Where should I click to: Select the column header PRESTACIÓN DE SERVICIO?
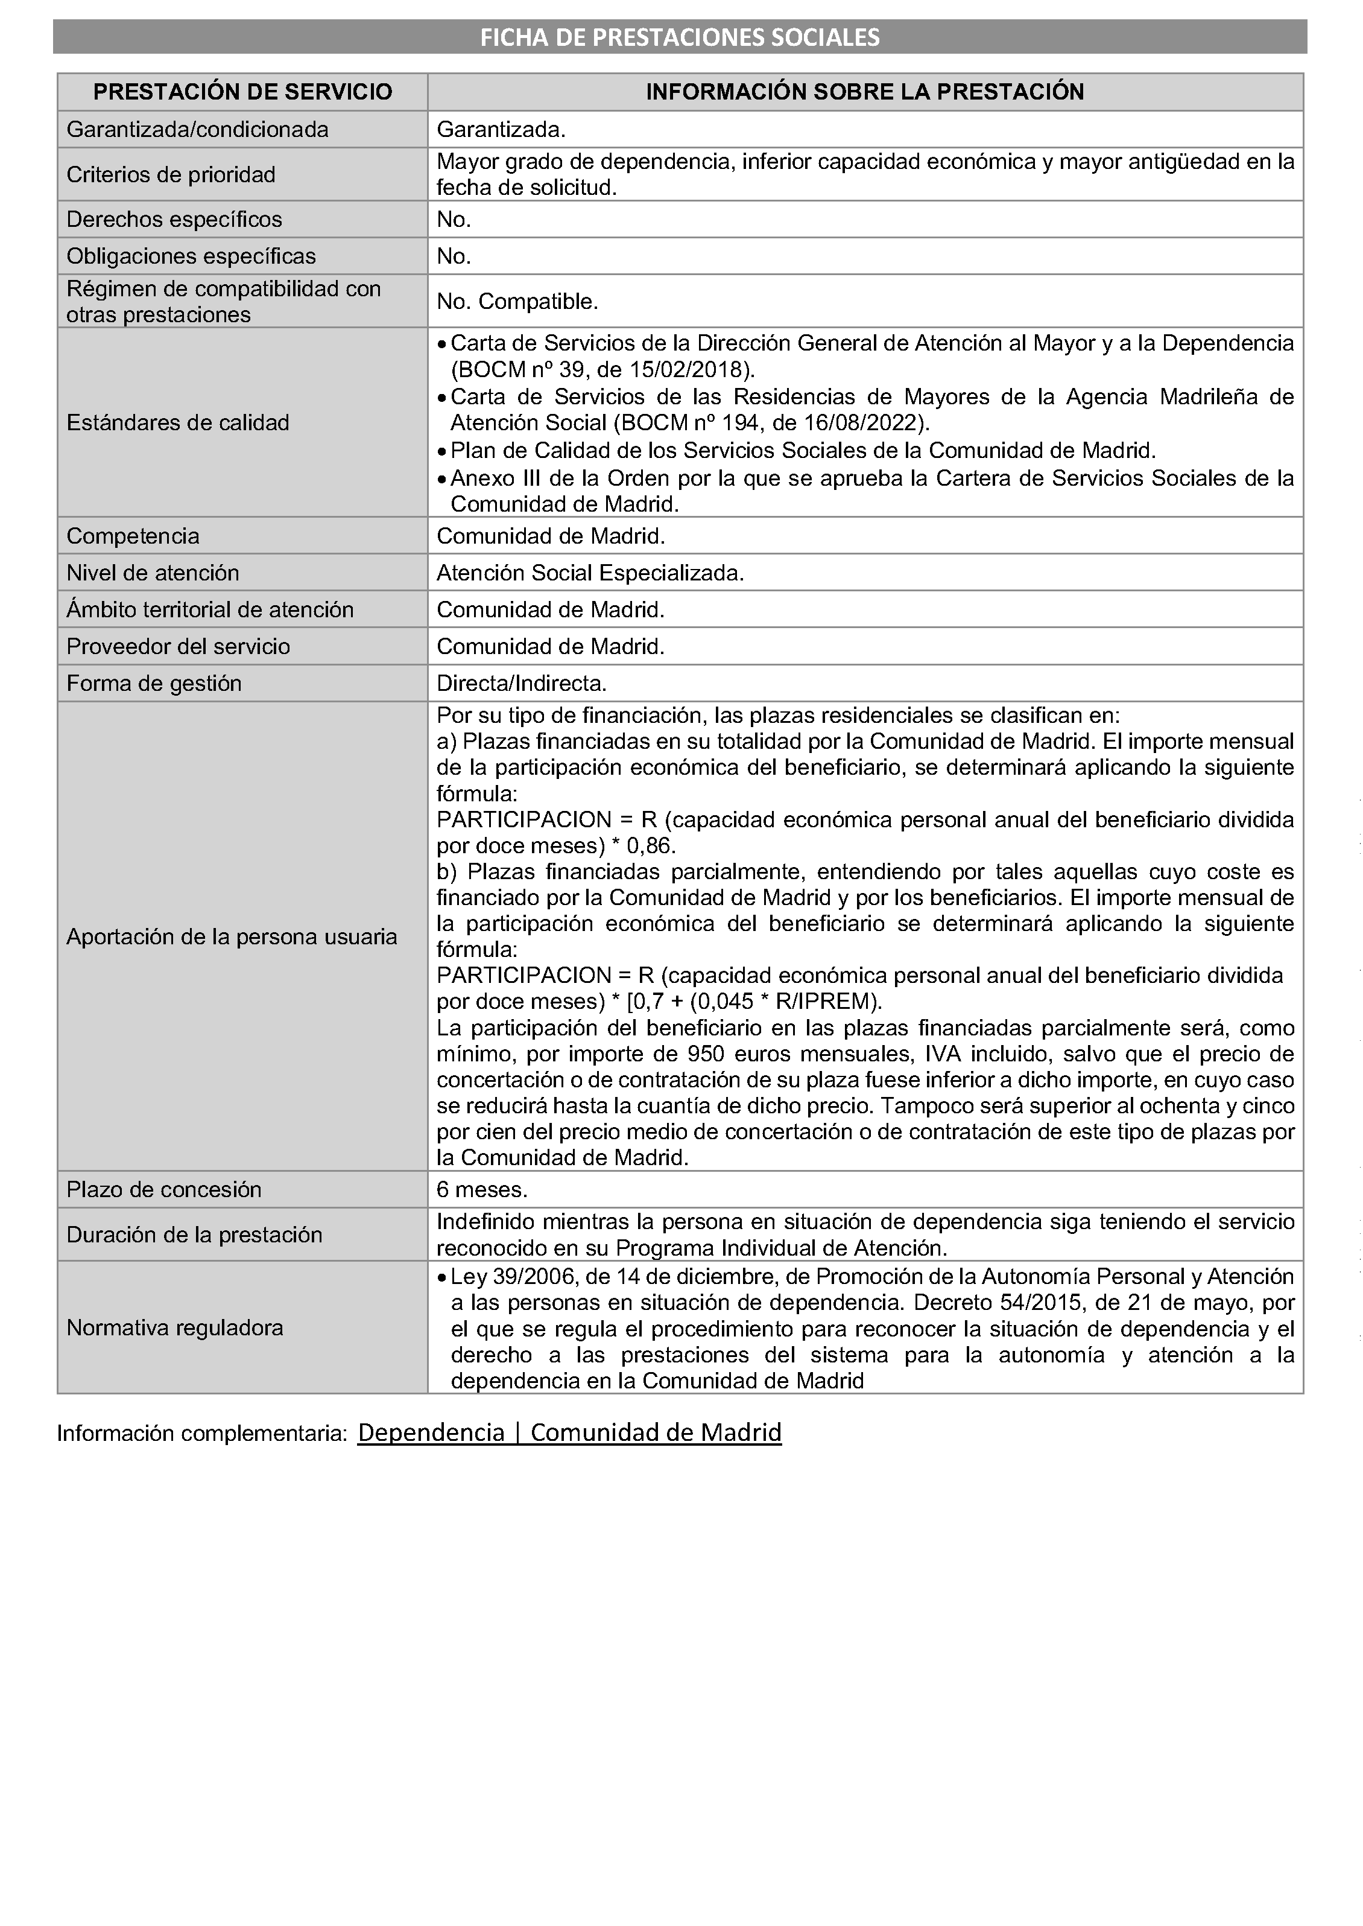(242, 92)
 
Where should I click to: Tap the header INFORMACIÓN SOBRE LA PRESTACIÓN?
(864, 92)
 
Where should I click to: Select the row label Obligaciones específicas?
(191, 256)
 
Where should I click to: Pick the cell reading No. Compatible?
(517, 302)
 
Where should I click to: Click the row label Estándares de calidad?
(177, 422)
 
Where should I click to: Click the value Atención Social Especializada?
(590, 573)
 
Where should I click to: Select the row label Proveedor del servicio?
(178, 646)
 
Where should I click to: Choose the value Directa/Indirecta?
(521, 684)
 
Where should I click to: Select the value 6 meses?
(482, 1190)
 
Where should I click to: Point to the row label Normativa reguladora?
(174, 1327)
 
